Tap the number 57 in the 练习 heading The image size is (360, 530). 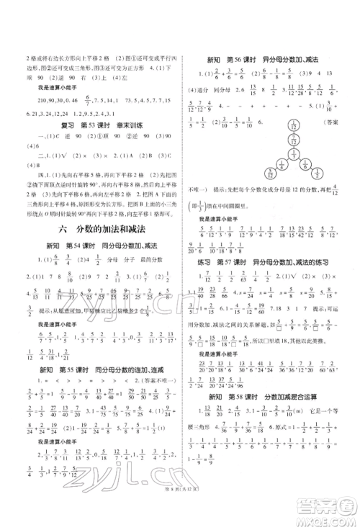click(235, 265)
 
